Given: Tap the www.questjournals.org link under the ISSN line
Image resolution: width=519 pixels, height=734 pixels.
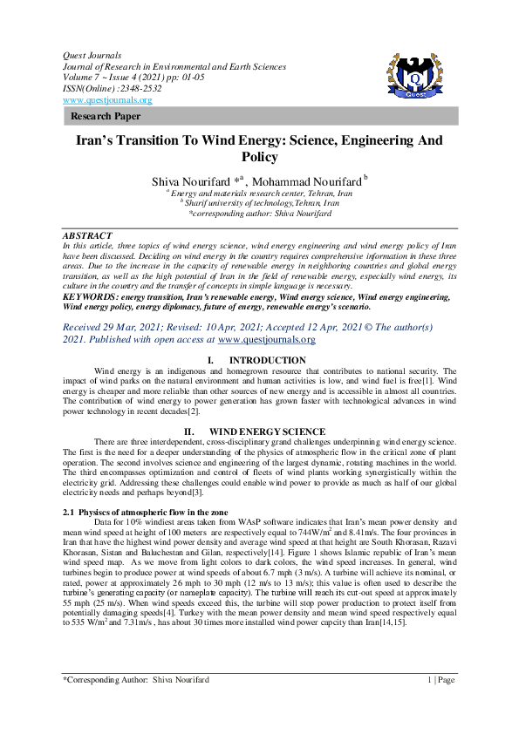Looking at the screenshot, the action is tap(102, 99).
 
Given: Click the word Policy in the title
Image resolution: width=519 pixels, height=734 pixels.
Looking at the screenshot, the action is tap(259, 157).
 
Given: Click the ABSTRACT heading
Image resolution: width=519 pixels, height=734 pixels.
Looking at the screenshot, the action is tap(87, 235).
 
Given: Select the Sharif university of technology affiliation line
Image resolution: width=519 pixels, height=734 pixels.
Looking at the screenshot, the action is tap(259, 201).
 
